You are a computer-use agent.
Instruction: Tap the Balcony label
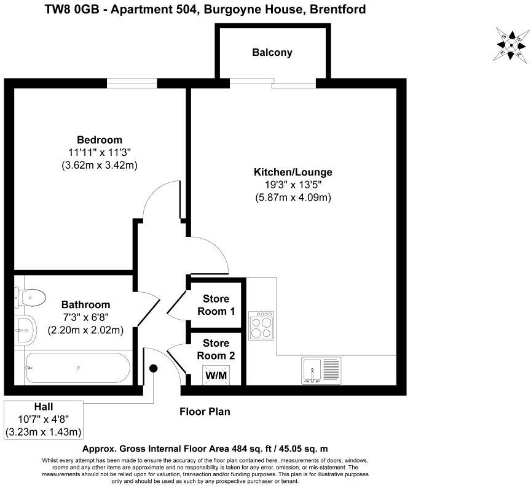click(272, 53)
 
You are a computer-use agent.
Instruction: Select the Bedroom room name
click(99, 139)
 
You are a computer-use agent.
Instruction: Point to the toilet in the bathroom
click(30, 298)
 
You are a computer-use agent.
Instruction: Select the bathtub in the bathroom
click(77, 368)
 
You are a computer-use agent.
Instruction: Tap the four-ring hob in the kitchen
click(262, 325)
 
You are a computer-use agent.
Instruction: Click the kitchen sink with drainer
click(321, 370)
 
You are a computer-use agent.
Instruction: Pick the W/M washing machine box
click(214, 374)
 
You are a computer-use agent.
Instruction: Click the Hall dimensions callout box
click(43, 420)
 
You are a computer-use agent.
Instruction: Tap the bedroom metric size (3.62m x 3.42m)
click(99, 165)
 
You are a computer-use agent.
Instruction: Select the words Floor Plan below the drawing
click(205, 412)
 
